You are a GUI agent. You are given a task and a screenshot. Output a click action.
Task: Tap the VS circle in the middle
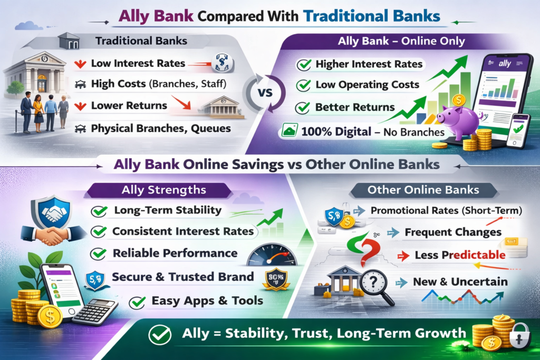265,93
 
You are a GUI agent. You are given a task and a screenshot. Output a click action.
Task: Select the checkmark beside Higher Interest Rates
304,64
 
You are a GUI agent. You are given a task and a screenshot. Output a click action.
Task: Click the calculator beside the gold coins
95,311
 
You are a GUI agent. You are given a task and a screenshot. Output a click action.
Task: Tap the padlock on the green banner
519,335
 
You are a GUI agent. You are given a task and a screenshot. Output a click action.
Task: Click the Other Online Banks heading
423,190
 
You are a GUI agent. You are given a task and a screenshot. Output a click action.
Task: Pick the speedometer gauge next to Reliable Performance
272,255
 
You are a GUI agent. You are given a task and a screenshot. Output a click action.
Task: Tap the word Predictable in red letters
474,255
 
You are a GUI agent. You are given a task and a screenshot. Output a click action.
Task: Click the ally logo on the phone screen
505,63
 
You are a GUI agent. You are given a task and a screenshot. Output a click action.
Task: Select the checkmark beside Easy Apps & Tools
138,302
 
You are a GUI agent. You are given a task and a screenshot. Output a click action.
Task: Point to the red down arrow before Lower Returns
80,106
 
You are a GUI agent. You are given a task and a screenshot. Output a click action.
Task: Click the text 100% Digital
336,132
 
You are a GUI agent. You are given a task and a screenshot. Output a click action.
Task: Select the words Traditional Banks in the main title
372,16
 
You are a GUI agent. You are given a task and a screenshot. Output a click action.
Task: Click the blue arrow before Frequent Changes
393,233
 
